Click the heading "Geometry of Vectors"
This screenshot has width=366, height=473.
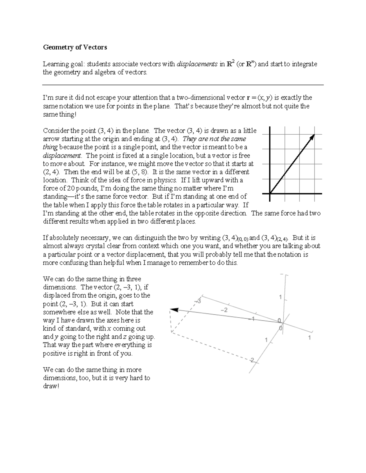[x=75, y=47]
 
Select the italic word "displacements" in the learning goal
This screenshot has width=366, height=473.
[x=197, y=64]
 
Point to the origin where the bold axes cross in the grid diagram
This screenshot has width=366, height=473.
[x=270, y=193]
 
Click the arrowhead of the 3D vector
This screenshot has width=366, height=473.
[x=174, y=310]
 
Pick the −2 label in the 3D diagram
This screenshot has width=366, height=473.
[x=224, y=310]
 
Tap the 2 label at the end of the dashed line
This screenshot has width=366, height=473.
[x=252, y=360]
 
